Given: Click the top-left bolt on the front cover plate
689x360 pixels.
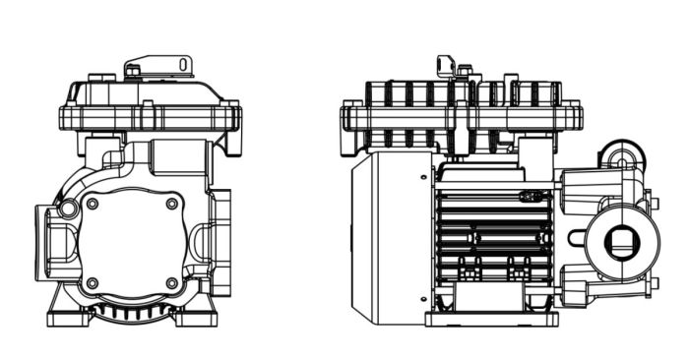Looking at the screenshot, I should (x=93, y=204).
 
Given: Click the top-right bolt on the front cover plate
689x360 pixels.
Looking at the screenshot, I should (x=172, y=204).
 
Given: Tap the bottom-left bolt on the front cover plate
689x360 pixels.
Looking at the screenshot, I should (x=93, y=283).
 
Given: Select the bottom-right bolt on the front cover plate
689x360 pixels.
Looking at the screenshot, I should (x=172, y=283).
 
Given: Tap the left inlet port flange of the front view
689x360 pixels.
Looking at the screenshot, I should (x=44, y=242).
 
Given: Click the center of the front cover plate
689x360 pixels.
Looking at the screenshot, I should (x=132, y=243).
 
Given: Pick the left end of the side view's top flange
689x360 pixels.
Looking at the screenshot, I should (x=348, y=118).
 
